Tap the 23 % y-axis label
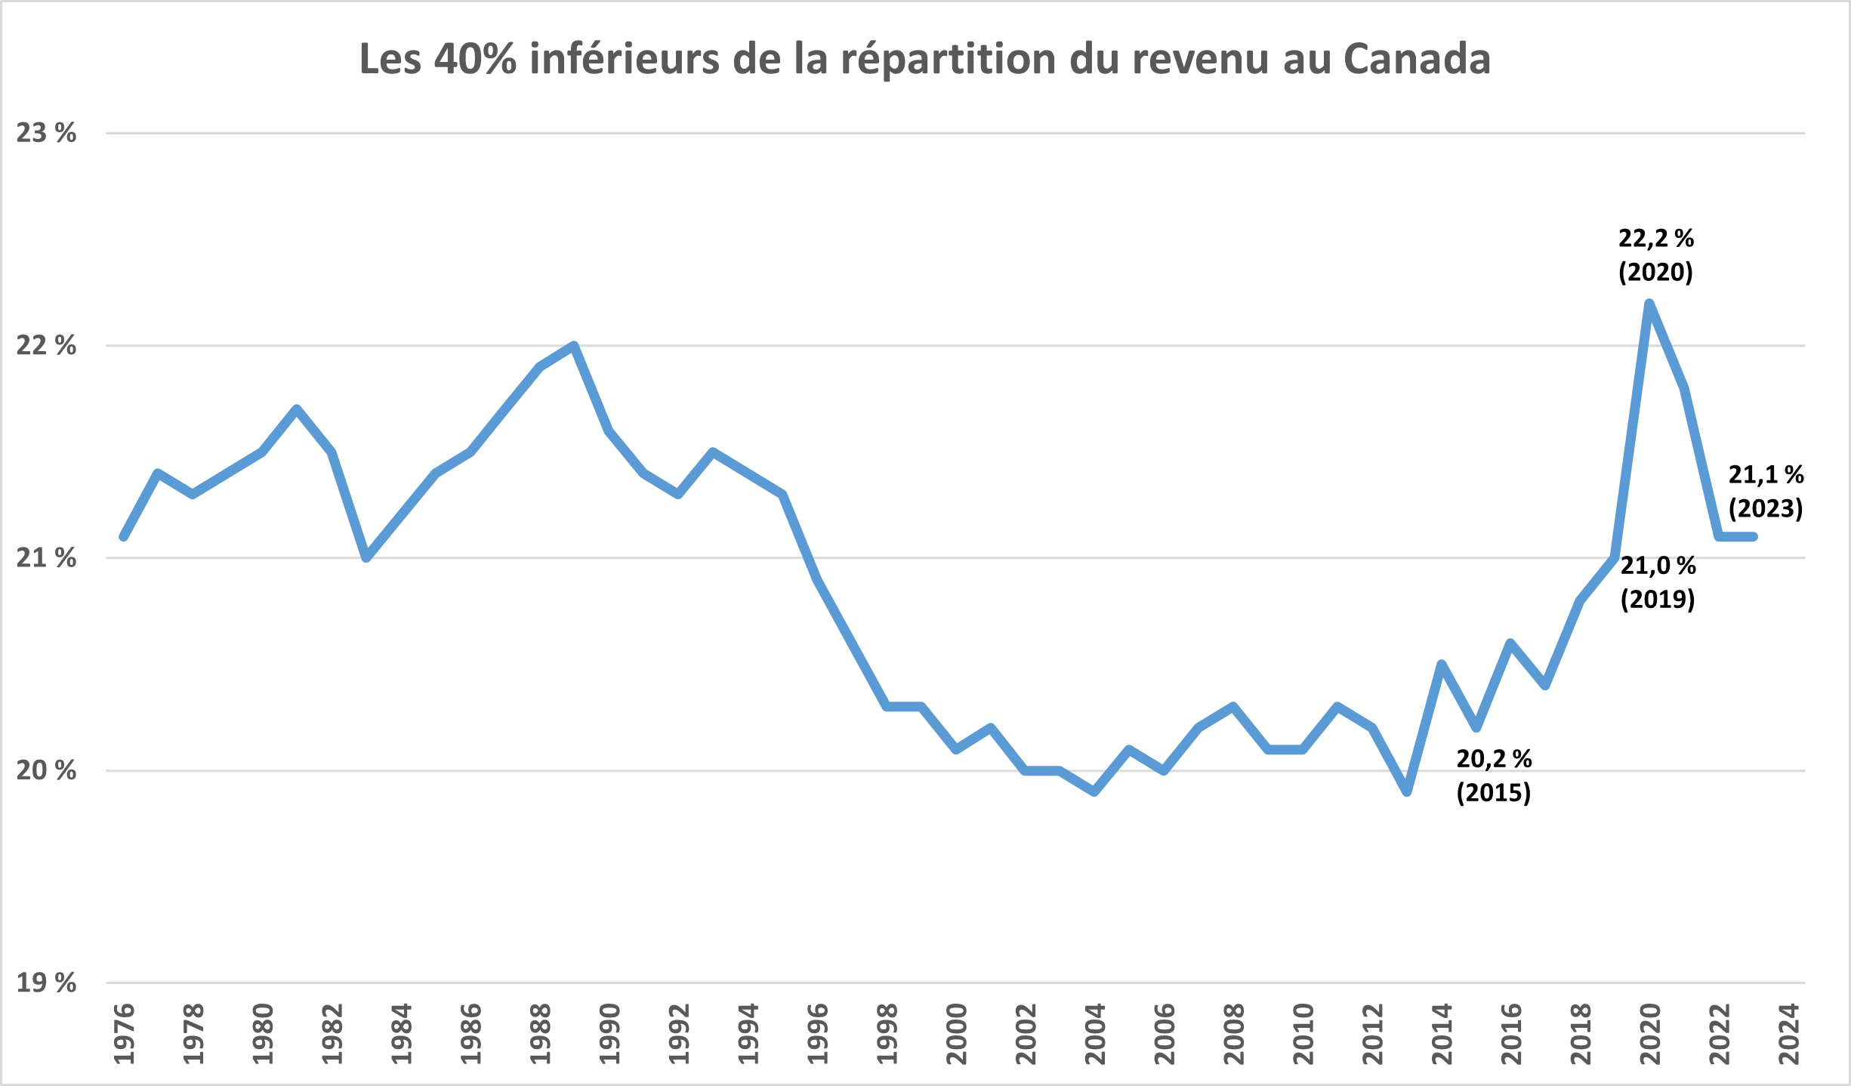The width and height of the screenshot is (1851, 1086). tap(46, 133)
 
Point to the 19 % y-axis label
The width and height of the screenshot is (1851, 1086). tap(46, 983)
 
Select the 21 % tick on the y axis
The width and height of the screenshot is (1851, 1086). tap(46, 558)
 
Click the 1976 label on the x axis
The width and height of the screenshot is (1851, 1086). tap(124, 1034)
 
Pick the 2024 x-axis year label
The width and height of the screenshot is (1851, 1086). tap(1789, 1034)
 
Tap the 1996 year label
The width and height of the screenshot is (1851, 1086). tap(818, 1034)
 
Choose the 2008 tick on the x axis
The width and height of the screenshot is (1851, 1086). tap(1234, 1034)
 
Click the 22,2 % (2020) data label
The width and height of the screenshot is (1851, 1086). tap(1656, 255)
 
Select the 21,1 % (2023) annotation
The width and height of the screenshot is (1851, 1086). tap(1766, 492)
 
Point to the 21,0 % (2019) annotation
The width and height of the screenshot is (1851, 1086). tap(1658, 582)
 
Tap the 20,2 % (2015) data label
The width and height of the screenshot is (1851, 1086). tap(1494, 776)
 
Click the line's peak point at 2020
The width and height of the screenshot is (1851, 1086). tap(1649, 304)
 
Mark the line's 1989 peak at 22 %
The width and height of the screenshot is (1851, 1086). tap(574, 346)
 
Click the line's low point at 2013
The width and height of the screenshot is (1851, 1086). tap(1407, 792)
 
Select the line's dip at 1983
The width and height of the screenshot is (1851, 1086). tap(366, 558)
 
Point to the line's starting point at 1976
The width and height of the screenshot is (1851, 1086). tap(124, 537)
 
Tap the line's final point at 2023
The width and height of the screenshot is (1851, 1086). tap(1754, 537)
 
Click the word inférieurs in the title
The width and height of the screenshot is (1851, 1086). tap(624, 59)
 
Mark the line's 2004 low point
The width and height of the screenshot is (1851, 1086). tap(1094, 792)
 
